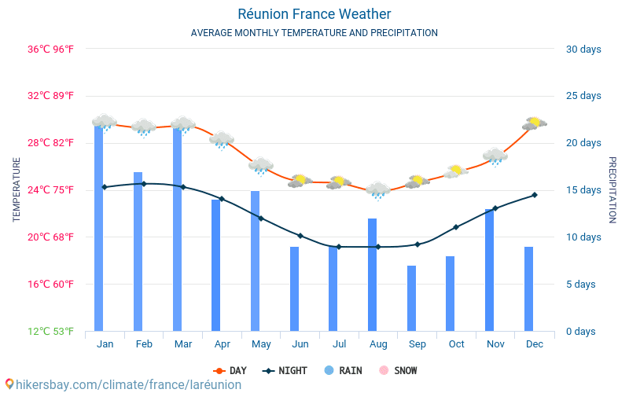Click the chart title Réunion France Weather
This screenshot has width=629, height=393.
[314, 14]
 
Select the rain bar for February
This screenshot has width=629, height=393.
[138, 252]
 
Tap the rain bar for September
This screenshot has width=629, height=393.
[411, 299]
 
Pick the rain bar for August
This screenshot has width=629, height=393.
[372, 275]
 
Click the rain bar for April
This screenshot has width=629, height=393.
[215, 266]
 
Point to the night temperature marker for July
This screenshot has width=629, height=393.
[339, 247]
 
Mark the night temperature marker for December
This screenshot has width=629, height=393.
[535, 195]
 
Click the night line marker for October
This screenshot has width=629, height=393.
[456, 227]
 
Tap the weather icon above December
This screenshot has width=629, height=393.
[535, 123]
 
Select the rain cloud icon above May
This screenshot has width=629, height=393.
[260, 166]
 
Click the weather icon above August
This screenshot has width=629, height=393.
[378, 190]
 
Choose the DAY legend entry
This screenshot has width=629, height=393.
[230, 370]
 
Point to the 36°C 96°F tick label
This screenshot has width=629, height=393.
[51, 49]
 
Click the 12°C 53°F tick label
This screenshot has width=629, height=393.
[51, 332]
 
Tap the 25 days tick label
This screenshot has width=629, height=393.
[583, 96]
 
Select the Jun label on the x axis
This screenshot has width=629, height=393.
[300, 344]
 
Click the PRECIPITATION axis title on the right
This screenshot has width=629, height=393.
[612, 189]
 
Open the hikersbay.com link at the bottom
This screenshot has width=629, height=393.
[122, 385]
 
